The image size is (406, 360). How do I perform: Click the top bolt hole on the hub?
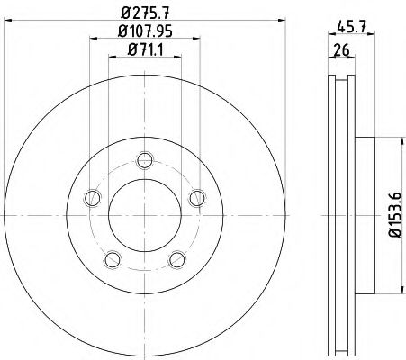tap(142, 161)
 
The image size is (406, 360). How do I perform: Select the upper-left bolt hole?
tap(89, 199)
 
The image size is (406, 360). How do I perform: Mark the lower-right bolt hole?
tap(175, 260)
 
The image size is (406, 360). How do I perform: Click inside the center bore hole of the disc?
tap(142, 216)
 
